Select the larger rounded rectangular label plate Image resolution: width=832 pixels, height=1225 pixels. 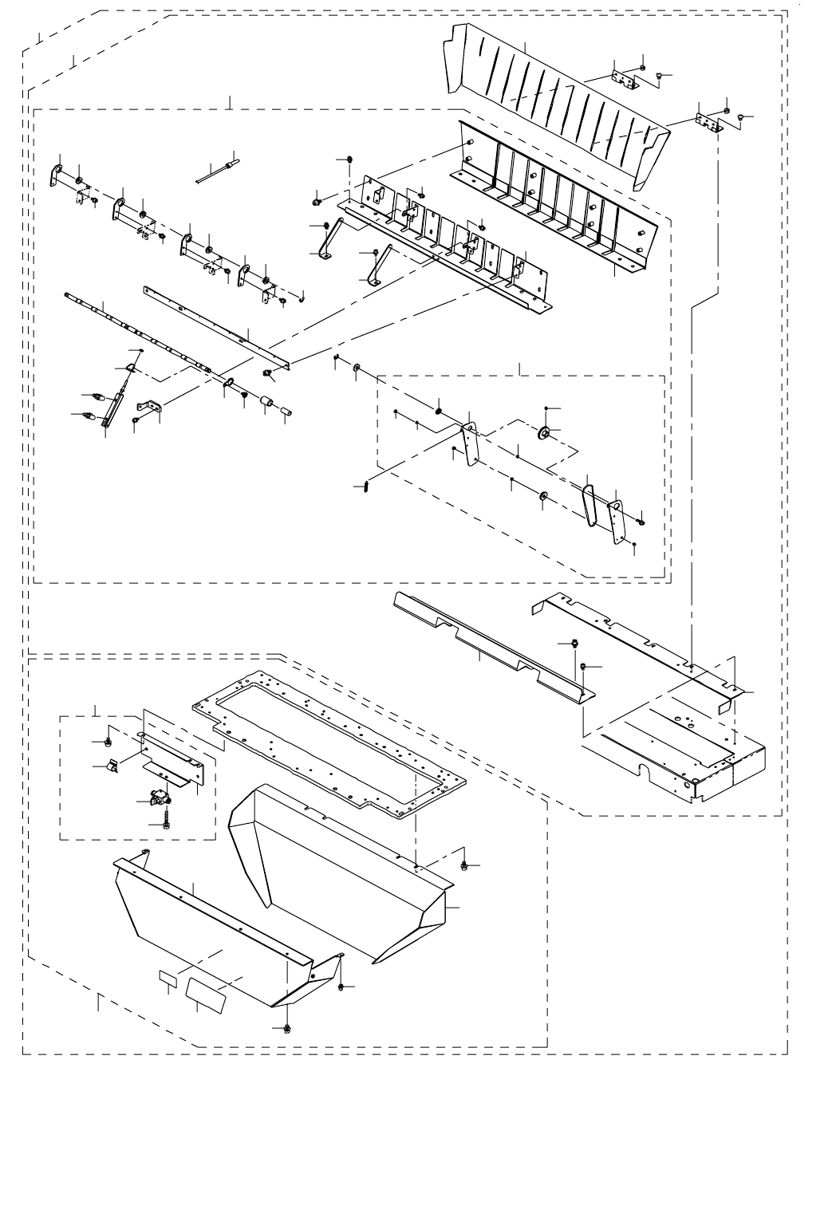pos(207,991)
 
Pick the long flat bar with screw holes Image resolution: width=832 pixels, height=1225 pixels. pos(215,327)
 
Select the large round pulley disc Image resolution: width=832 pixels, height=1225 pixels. pos(545,433)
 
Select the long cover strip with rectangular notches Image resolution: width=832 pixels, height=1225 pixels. pos(487,642)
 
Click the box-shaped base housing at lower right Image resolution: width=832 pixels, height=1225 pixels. pos(678,750)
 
